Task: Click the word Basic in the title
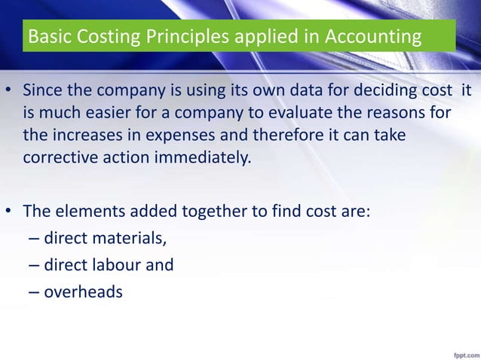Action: coord(45,36)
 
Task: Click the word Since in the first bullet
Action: coord(41,93)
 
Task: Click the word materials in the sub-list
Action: coord(126,239)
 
